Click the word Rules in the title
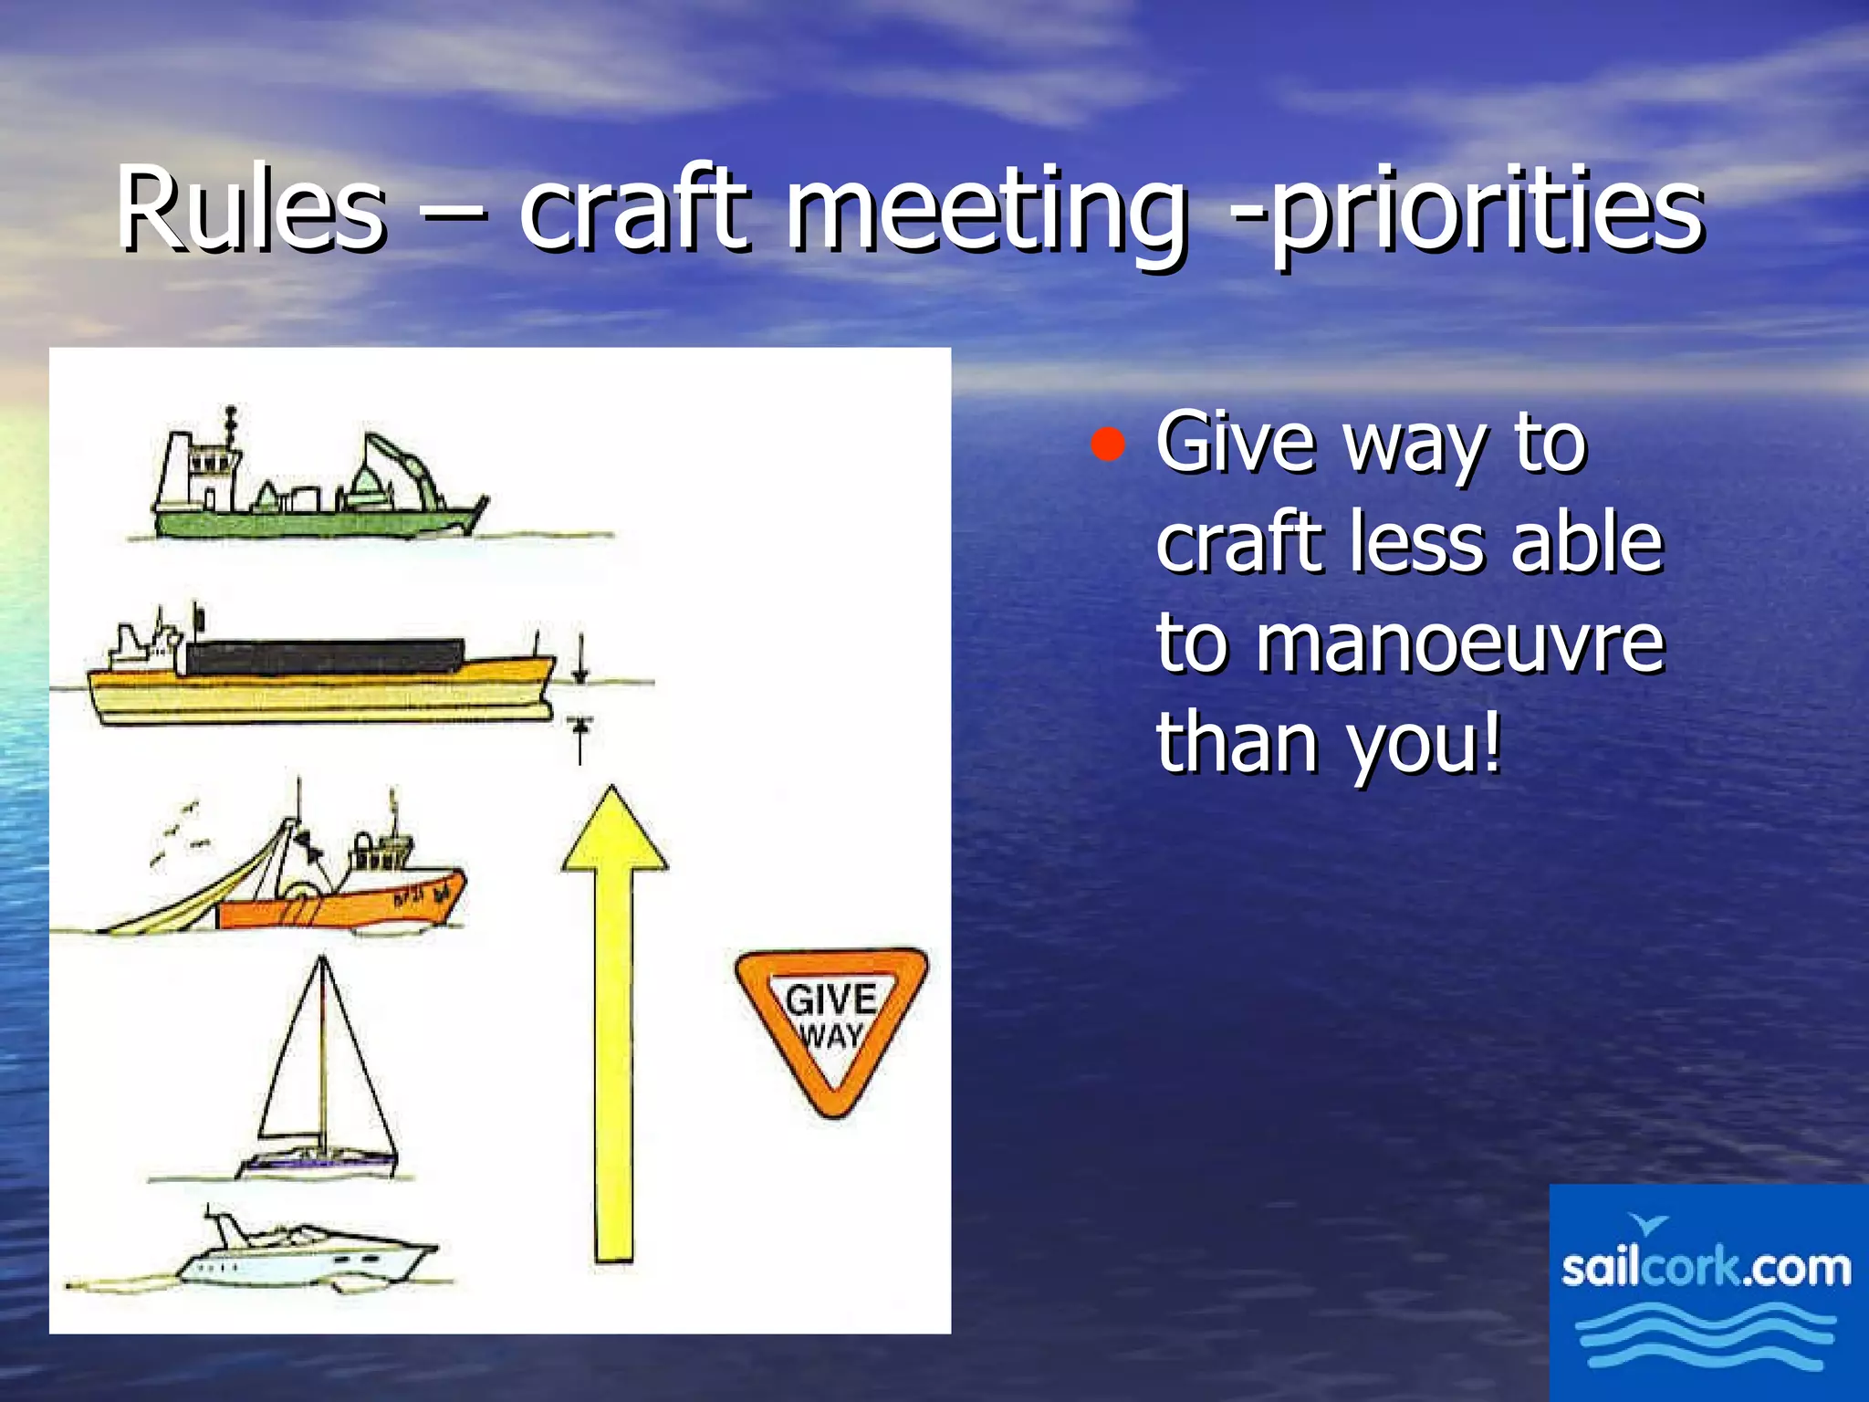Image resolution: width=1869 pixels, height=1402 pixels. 251,210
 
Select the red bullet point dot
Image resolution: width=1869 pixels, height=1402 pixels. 1107,445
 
